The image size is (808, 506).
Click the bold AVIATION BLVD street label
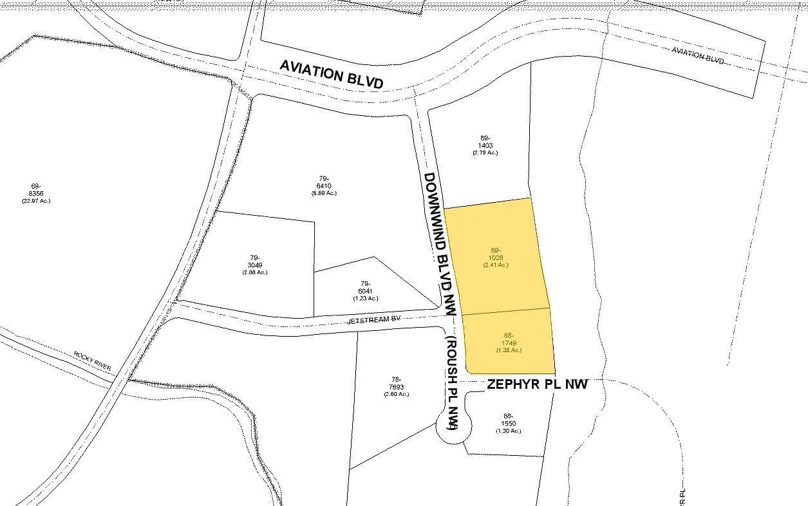(332, 75)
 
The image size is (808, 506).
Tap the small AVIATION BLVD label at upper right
(697, 55)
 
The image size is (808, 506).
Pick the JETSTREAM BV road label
(373, 319)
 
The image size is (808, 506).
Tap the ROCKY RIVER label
(92, 361)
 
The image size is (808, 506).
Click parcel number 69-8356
(36, 190)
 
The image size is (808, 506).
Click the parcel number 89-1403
(485, 142)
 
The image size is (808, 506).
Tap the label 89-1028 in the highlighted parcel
(496, 254)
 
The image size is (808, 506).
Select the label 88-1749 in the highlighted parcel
(509, 339)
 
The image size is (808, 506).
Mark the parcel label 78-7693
(396, 382)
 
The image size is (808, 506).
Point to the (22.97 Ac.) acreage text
(36, 201)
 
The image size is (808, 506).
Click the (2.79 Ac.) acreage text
(485, 153)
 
